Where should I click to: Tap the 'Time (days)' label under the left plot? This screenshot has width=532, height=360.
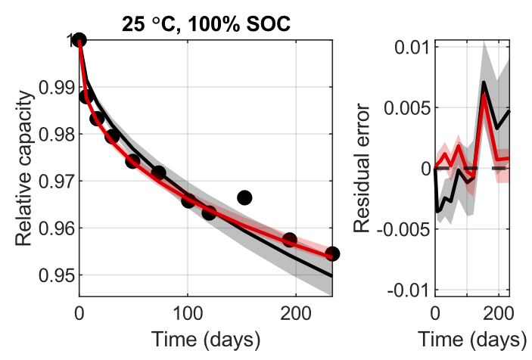(206, 337)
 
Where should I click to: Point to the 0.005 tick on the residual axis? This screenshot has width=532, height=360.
(403, 107)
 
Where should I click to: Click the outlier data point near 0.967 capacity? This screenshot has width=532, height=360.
(244, 197)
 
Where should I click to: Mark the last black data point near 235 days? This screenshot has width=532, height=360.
(331, 253)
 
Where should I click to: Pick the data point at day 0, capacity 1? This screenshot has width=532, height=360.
(79, 41)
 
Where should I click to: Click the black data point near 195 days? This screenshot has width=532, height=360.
(289, 240)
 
